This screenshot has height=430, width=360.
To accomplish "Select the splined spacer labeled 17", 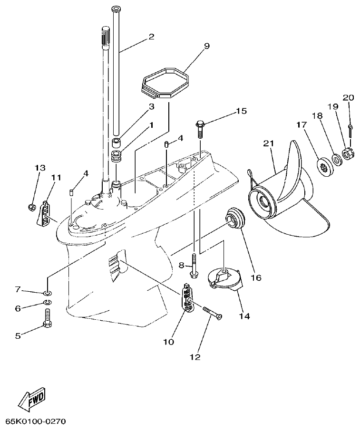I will (325, 166).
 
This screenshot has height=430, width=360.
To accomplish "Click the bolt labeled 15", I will (200, 125).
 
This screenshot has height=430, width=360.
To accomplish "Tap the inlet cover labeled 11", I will (44, 213).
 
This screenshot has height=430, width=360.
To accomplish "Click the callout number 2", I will (151, 36).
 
